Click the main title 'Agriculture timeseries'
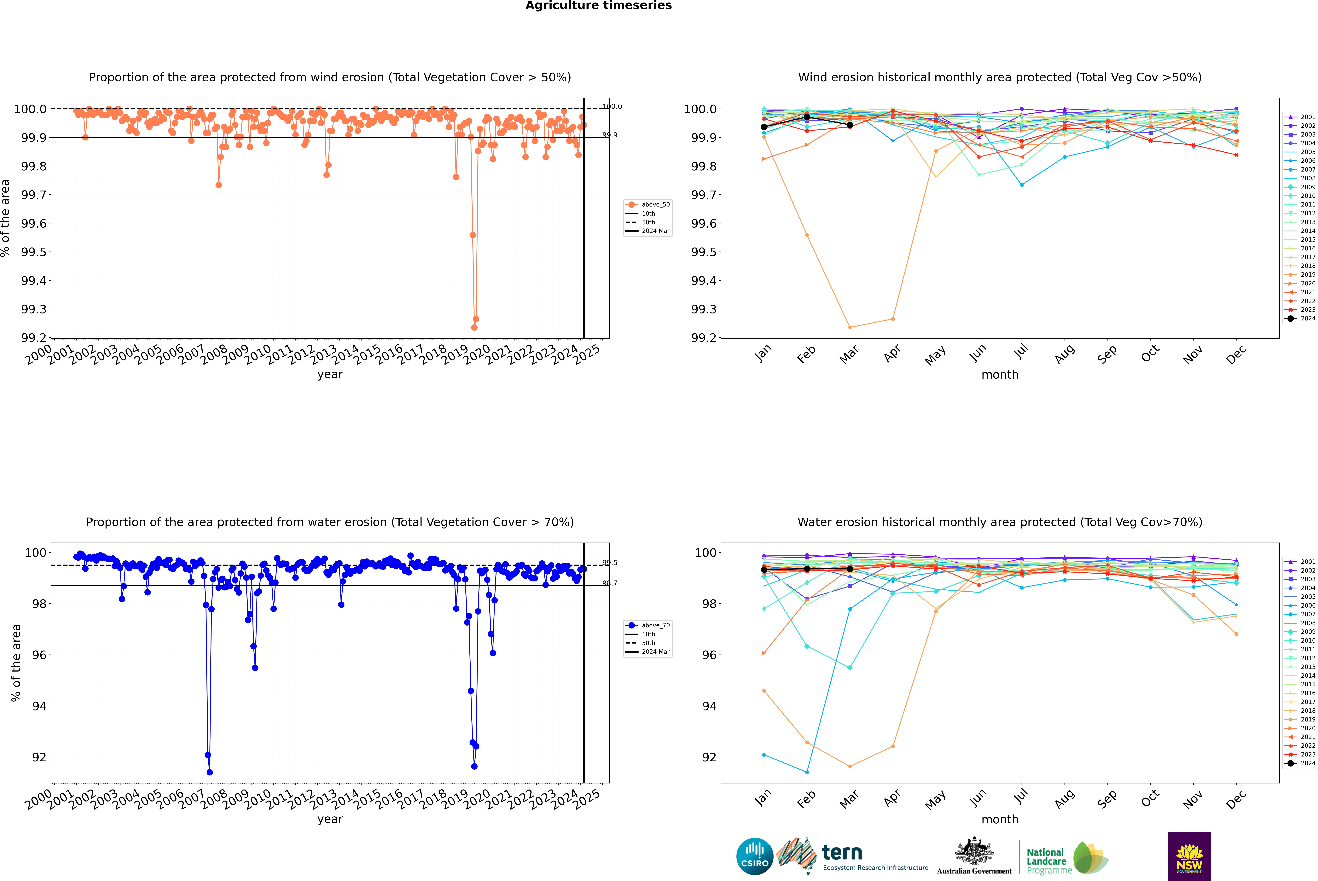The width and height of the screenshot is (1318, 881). [x=598, y=6]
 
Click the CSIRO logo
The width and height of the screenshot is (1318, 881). [x=755, y=856]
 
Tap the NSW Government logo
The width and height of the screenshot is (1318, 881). [x=1189, y=856]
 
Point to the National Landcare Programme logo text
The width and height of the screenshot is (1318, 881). [x=1046, y=861]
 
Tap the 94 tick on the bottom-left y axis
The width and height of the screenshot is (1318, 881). [x=39, y=706]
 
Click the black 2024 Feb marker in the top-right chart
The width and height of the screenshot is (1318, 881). [x=807, y=117]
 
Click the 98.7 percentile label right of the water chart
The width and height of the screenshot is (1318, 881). [x=610, y=583]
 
